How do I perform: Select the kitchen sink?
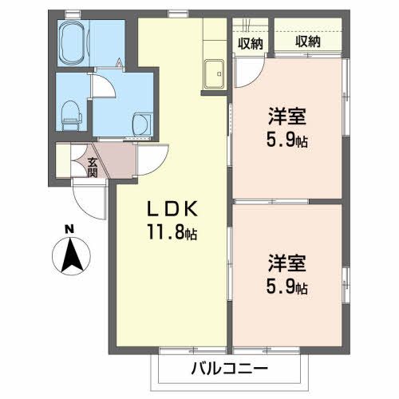(x=215, y=73)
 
